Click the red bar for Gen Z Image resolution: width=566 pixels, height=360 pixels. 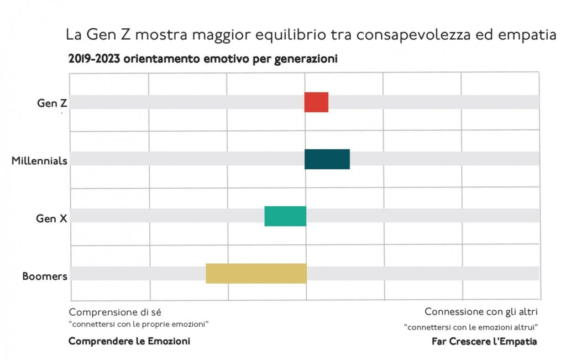click(x=316, y=102)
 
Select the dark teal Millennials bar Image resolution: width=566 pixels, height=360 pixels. click(x=327, y=159)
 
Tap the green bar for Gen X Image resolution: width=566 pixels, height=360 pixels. click(x=285, y=216)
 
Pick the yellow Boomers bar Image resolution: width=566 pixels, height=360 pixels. click(x=256, y=274)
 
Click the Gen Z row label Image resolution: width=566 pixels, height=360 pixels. click(x=52, y=103)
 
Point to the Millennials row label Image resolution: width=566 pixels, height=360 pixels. click(x=40, y=161)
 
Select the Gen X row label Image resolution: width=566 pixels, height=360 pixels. click(x=51, y=218)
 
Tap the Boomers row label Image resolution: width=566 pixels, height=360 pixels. click(x=45, y=276)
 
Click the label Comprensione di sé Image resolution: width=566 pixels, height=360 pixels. click(x=115, y=311)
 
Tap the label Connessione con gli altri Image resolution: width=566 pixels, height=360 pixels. click(x=481, y=311)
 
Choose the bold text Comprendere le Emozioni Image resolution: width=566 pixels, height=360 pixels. click(x=129, y=341)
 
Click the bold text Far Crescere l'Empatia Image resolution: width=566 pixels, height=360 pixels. click(x=484, y=341)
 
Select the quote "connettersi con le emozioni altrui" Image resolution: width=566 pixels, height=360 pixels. click(x=471, y=327)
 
